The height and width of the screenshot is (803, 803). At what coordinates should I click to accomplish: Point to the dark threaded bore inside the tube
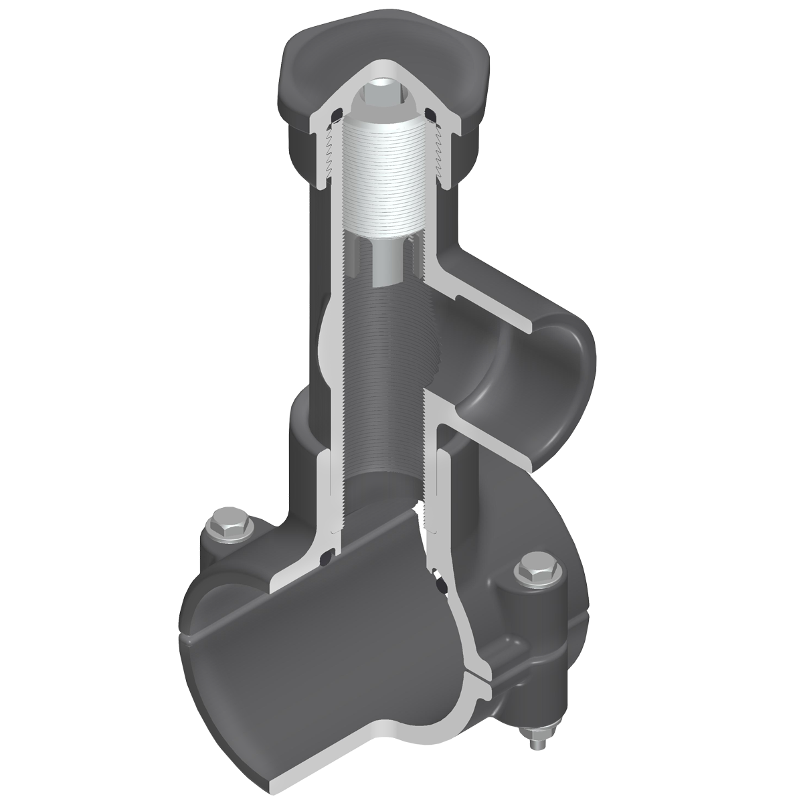[385, 375]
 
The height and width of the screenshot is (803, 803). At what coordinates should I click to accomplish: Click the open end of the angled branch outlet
[535, 388]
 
